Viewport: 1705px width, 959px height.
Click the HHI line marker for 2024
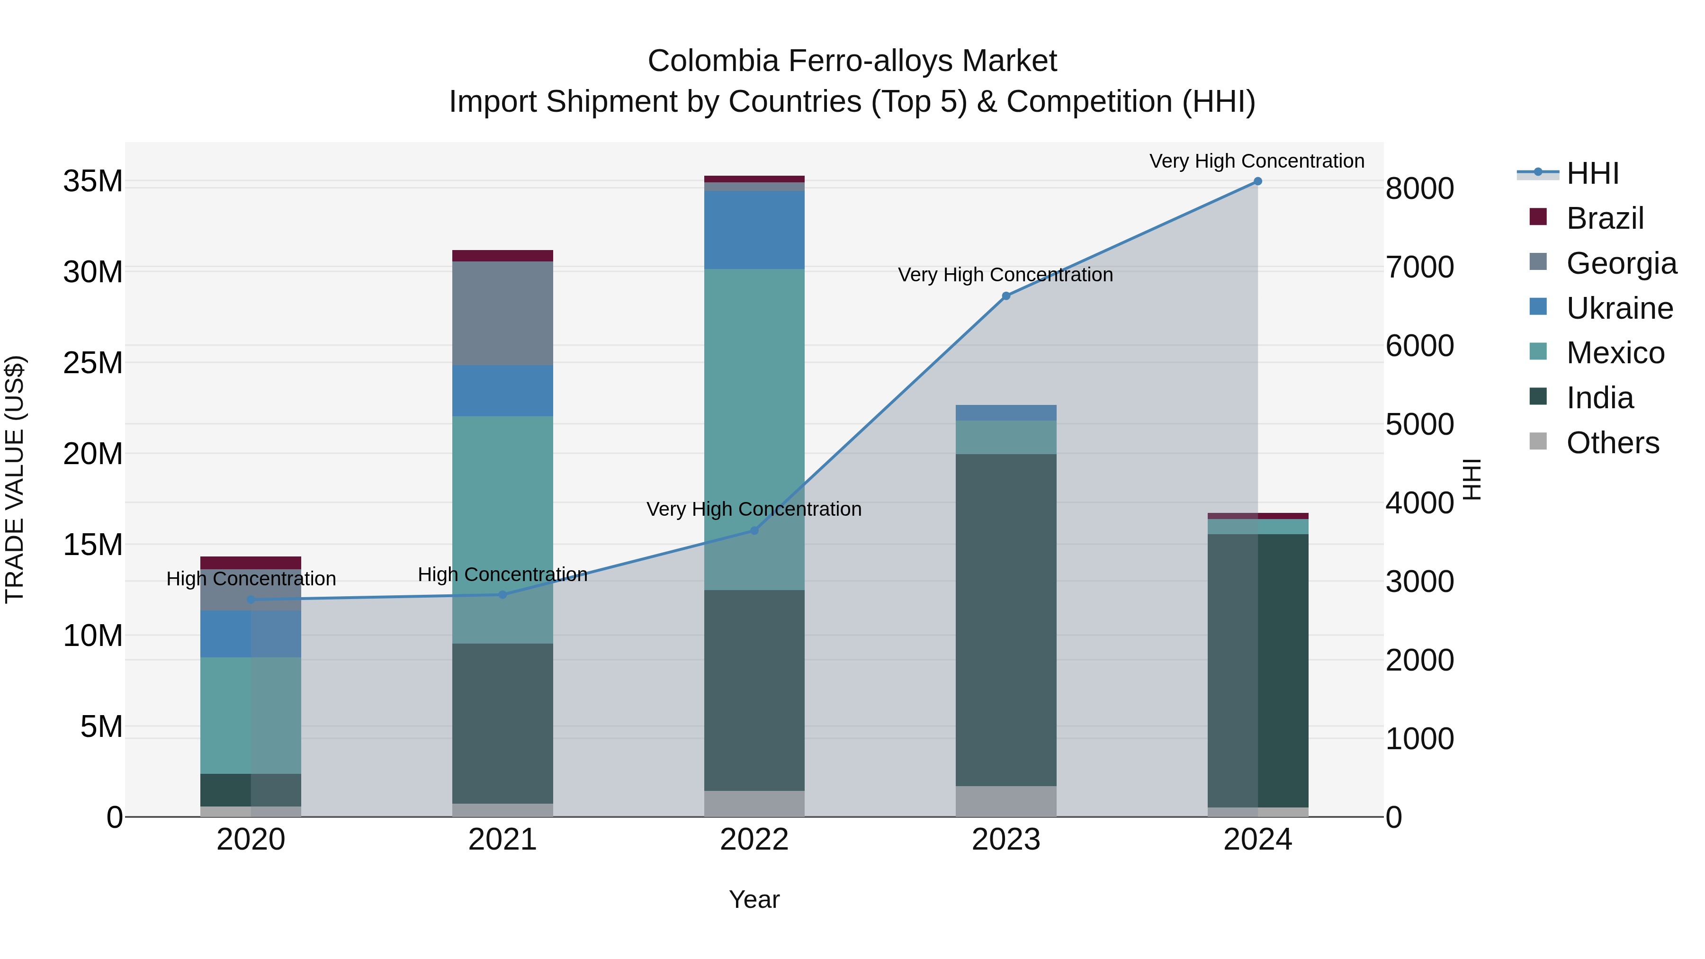coord(1257,181)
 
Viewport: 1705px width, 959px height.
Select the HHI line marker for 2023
coord(1006,296)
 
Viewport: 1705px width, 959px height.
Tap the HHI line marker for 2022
coord(754,530)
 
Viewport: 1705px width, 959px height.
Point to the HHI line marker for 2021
coord(503,594)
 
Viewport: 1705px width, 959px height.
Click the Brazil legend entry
coord(1605,218)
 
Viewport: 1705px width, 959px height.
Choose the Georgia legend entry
coord(1621,263)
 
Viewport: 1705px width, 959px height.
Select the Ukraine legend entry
coord(1619,308)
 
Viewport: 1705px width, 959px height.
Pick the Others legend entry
coord(1612,443)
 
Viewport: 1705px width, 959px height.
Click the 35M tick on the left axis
coord(93,181)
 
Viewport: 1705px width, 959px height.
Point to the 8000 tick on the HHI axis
coord(1420,188)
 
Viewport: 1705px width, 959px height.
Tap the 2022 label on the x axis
coord(754,840)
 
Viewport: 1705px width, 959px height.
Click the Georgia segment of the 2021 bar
coord(503,313)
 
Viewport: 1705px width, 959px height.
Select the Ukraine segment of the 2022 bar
coord(754,230)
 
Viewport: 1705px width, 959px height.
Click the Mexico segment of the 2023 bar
coord(1006,437)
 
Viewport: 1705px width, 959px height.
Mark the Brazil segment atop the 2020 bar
coord(251,563)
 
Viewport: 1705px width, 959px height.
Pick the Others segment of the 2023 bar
coord(1006,801)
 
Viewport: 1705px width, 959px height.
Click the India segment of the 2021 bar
coord(503,723)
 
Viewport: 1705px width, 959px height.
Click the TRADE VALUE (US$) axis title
coord(15,479)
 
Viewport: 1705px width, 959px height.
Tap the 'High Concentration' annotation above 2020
coord(251,578)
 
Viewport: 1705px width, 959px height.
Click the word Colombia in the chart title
coord(713,61)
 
